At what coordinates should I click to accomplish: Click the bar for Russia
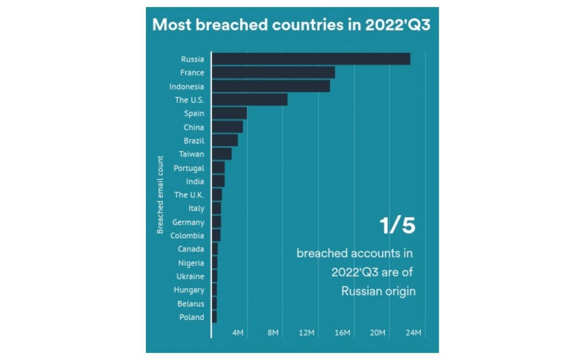pos(311,59)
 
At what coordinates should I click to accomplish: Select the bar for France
pos(273,72)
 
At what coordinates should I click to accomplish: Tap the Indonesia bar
pos(271,86)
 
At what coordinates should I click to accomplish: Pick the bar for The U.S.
pos(249,100)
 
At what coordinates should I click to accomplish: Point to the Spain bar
pos(229,113)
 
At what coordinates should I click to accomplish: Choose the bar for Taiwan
pos(222,154)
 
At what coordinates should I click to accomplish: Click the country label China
pos(194,127)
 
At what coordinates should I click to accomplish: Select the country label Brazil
pos(194,141)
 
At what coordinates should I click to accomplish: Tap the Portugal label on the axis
pos(188,168)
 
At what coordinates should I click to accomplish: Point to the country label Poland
pos(191,317)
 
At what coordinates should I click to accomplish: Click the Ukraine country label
pos(190,277)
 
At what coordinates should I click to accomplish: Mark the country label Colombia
pos(187,236)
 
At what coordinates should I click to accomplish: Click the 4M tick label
pos(238,332)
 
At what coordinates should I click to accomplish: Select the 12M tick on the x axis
pos(306,332)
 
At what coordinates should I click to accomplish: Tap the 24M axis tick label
pos(413,332)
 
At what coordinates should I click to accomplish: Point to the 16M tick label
pos(342,332)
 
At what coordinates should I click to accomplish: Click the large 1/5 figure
pos(397,226)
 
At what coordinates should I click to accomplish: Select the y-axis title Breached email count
pos(160,195)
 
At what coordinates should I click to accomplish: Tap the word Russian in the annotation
pos(362,291)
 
